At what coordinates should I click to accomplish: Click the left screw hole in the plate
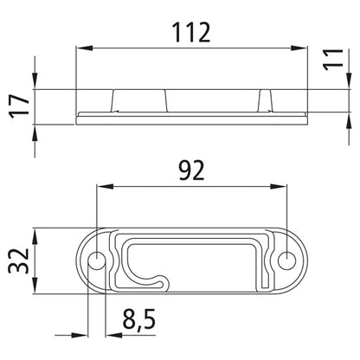point(97,259)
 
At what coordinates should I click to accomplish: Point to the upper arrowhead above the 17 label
point(35,83)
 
